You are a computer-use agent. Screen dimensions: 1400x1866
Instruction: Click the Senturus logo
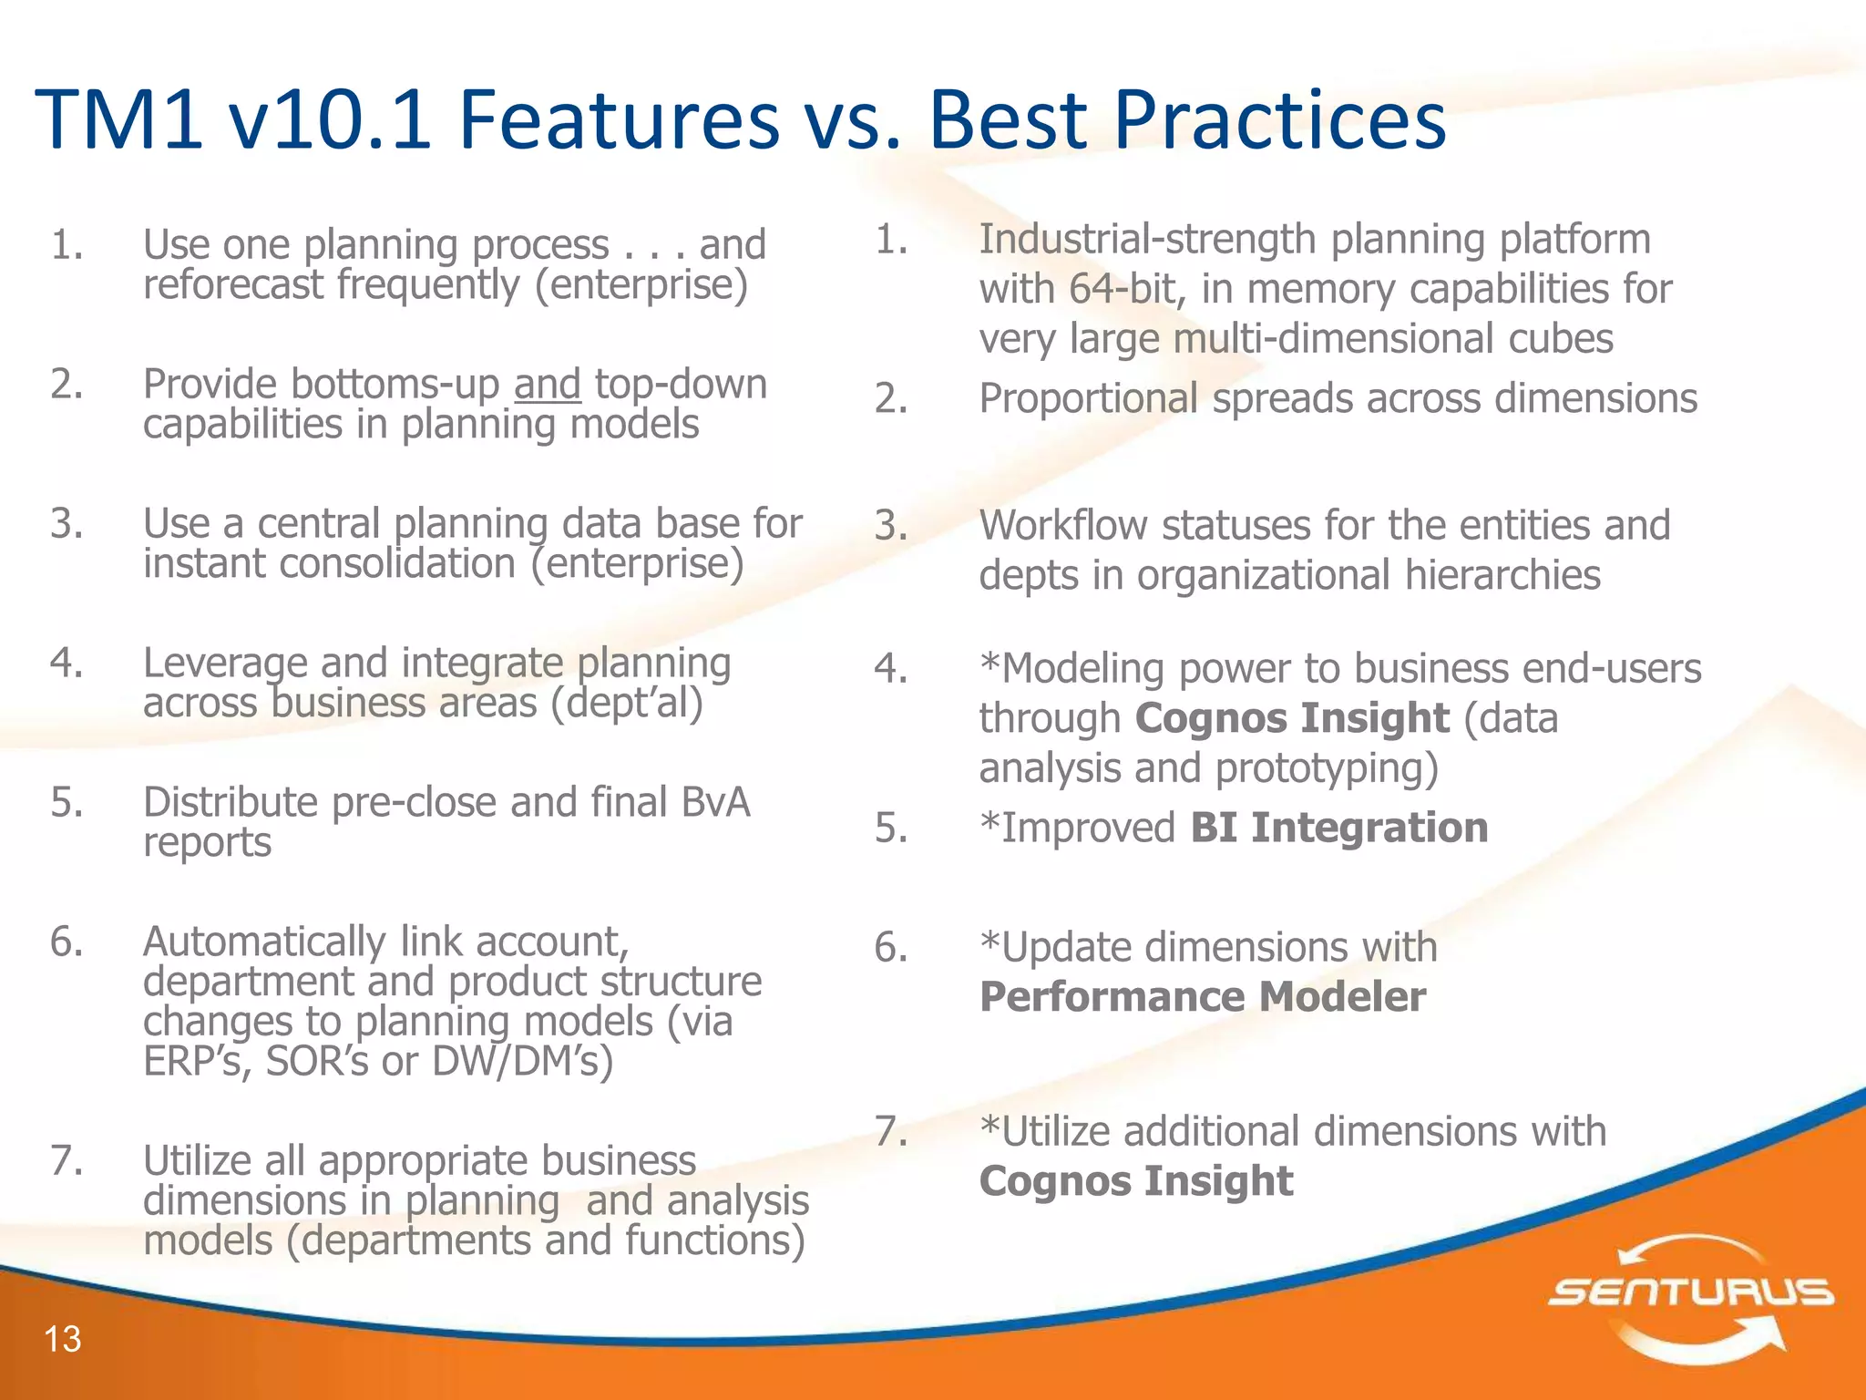tap(1691, 1293)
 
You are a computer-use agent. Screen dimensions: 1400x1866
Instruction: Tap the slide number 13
tap(63, 1339)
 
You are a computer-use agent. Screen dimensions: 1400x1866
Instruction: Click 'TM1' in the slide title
tap(118, 119)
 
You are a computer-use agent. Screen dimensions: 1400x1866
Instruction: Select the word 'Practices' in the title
tap(1279, 119)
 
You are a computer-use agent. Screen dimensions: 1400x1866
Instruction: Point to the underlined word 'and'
tap(547, 385)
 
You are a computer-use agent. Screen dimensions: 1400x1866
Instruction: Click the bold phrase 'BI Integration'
tap(1338, 828)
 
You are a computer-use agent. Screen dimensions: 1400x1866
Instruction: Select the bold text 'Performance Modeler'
tap(1203, 997)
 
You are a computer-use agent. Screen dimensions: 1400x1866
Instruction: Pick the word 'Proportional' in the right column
tap(1088, 399)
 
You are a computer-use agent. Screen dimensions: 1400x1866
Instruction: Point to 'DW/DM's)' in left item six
tap(522, 1061)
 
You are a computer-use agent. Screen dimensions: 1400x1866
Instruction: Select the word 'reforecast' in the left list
tap(232, 284)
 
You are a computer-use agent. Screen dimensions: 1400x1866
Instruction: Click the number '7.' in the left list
tap(67, 1160)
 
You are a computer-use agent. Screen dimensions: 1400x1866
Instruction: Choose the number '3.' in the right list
tap(891, 527)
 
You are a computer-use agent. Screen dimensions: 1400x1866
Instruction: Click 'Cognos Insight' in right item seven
tap(1135, 1181)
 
